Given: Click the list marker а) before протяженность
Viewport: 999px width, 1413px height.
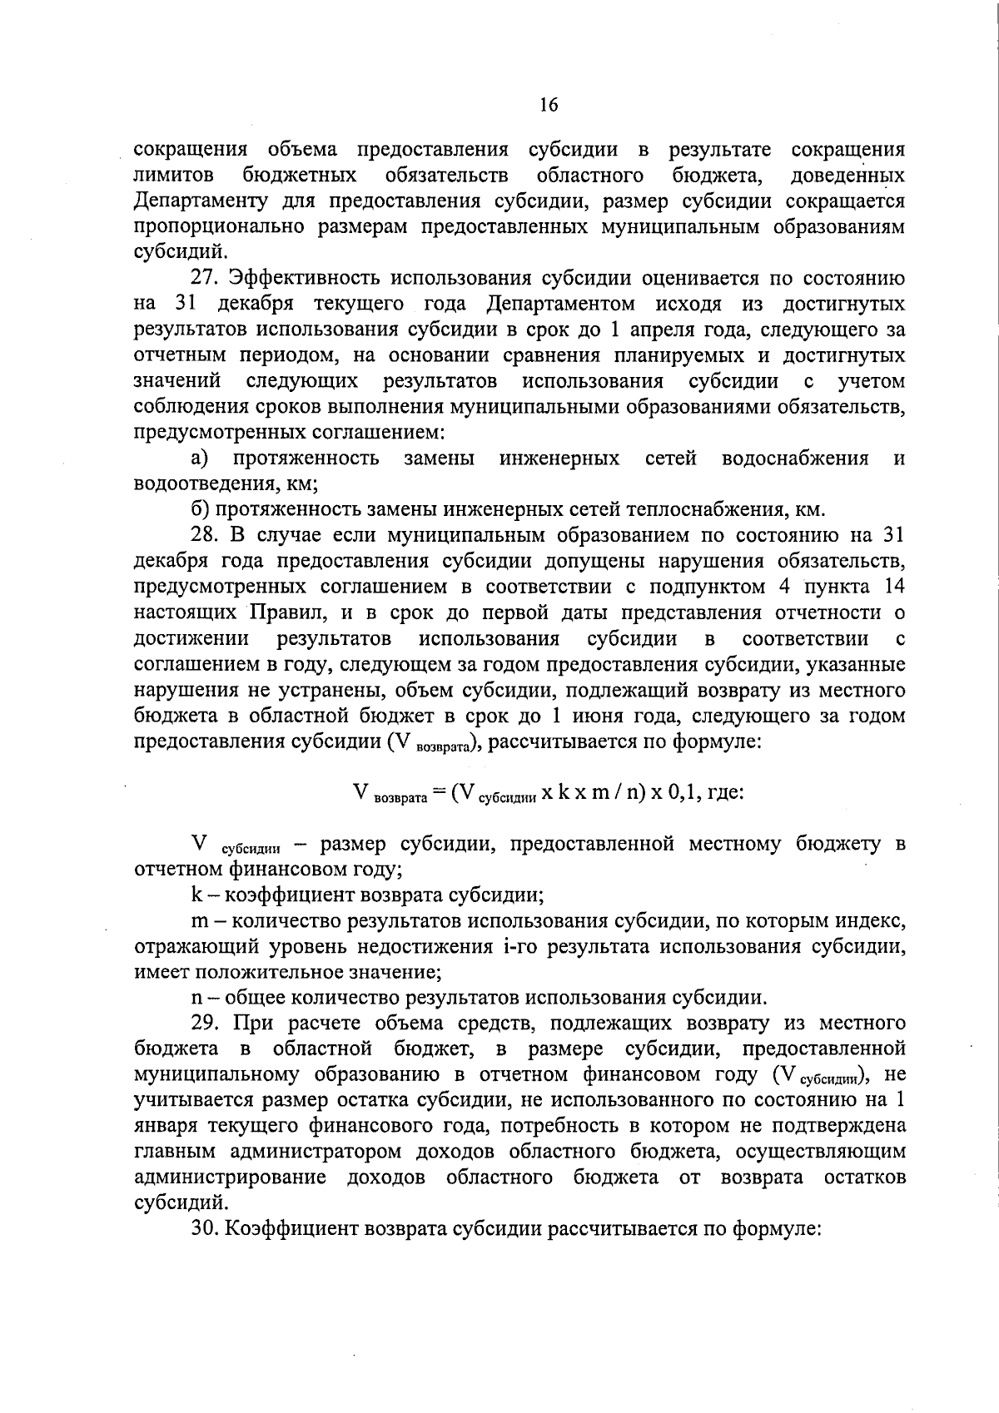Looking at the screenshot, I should click(199, 458).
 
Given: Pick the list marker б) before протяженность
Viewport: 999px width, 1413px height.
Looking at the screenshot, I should click(199, 509).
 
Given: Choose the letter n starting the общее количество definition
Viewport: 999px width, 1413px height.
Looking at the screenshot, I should click(196, 998).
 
